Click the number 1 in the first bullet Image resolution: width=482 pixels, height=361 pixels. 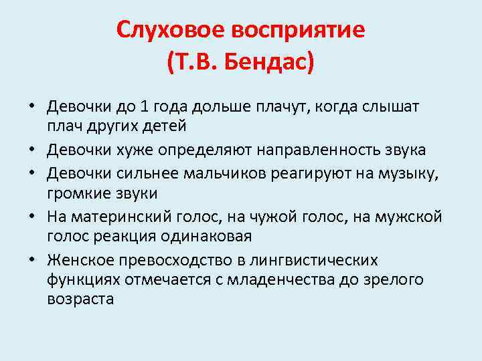[x=146, y=107]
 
